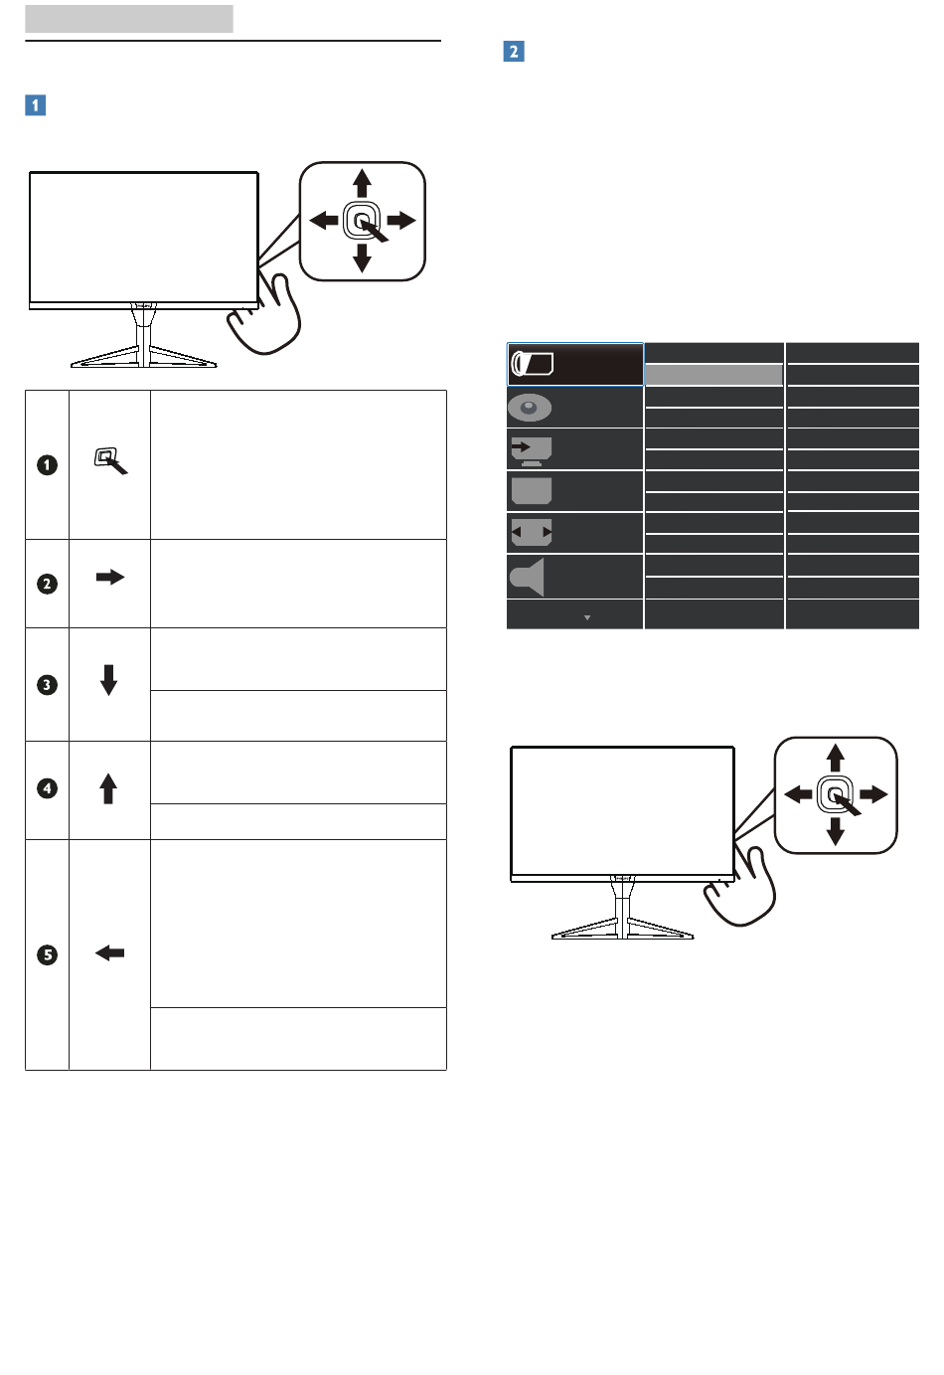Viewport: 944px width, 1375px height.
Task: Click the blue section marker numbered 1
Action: (x=36, y=104)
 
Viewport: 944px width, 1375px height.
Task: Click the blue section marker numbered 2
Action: (x=514, y=52)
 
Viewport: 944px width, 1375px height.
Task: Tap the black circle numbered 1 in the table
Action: (x=47, y=464)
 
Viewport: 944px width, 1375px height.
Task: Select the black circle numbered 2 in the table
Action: (x=47, y=584)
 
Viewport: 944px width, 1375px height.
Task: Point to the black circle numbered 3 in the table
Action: (x=47, y=685)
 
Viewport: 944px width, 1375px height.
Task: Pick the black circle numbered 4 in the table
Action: (x=47, y=788)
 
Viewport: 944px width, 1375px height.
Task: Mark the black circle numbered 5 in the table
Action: (x=47, y=955)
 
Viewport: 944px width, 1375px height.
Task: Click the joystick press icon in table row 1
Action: (x=109, y=460)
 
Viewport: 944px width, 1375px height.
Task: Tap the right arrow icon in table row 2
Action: (x=109, y=577)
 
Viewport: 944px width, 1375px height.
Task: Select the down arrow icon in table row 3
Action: (x=109, y=679)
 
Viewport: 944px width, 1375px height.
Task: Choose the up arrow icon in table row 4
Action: (x=109, y=788)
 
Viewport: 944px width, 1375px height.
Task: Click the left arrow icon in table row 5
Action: (x=109, y=952)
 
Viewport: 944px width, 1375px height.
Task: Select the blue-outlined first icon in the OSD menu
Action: (x=532, y=365)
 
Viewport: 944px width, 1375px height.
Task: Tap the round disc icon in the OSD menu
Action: (x=530, y=408)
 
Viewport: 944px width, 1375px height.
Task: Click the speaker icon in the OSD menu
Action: (x=528, y=577)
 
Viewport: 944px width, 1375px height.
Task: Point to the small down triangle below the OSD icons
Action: (x=587, y=617)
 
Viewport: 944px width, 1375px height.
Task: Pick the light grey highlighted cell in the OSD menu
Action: (x=713, y=375)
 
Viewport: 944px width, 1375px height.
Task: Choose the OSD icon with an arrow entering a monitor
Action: (x=531, y=450)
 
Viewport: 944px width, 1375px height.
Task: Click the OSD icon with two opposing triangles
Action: (x=532, y=533)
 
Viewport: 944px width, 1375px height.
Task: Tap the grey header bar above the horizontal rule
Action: (x=129, y=18)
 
